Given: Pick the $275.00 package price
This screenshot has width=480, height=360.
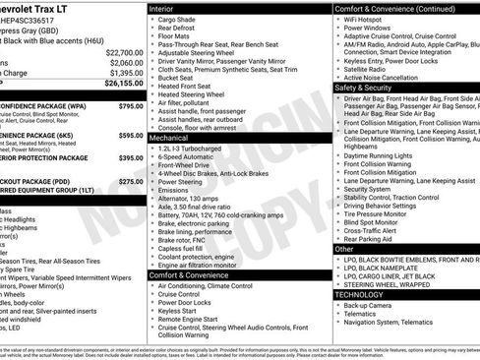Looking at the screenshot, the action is pyautogui.click(x=130, y=181).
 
